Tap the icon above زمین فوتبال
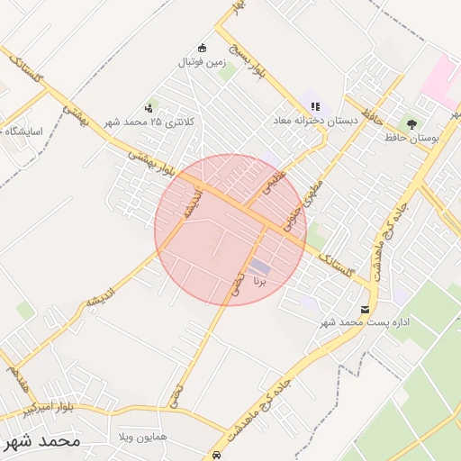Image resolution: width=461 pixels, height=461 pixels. click(203, 48)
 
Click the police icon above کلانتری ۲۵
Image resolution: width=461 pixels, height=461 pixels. click(149, 108)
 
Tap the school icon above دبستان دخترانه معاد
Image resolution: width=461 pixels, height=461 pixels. click(316, 105)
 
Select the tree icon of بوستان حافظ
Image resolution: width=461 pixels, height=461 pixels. click(412, 123)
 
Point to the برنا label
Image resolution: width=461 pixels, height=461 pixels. click(260, 281)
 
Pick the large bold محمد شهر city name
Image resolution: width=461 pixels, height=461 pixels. click(41, 441)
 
